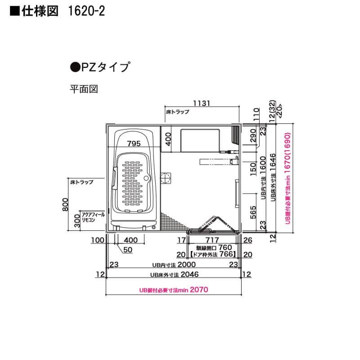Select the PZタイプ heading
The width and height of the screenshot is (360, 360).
pyautogui.click(x=100, y=68)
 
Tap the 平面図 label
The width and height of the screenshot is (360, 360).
pyautogui.click(x=83, y=89)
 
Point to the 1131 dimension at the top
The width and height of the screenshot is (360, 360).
pyautogui.click(x=201, y=103)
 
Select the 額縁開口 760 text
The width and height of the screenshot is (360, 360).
pyautogui.click(x=213, y=248)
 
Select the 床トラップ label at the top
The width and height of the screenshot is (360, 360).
pyautogui.click(x=177, y=111)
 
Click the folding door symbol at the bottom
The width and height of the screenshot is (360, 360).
pyautogui.click(x=211, y=224)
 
